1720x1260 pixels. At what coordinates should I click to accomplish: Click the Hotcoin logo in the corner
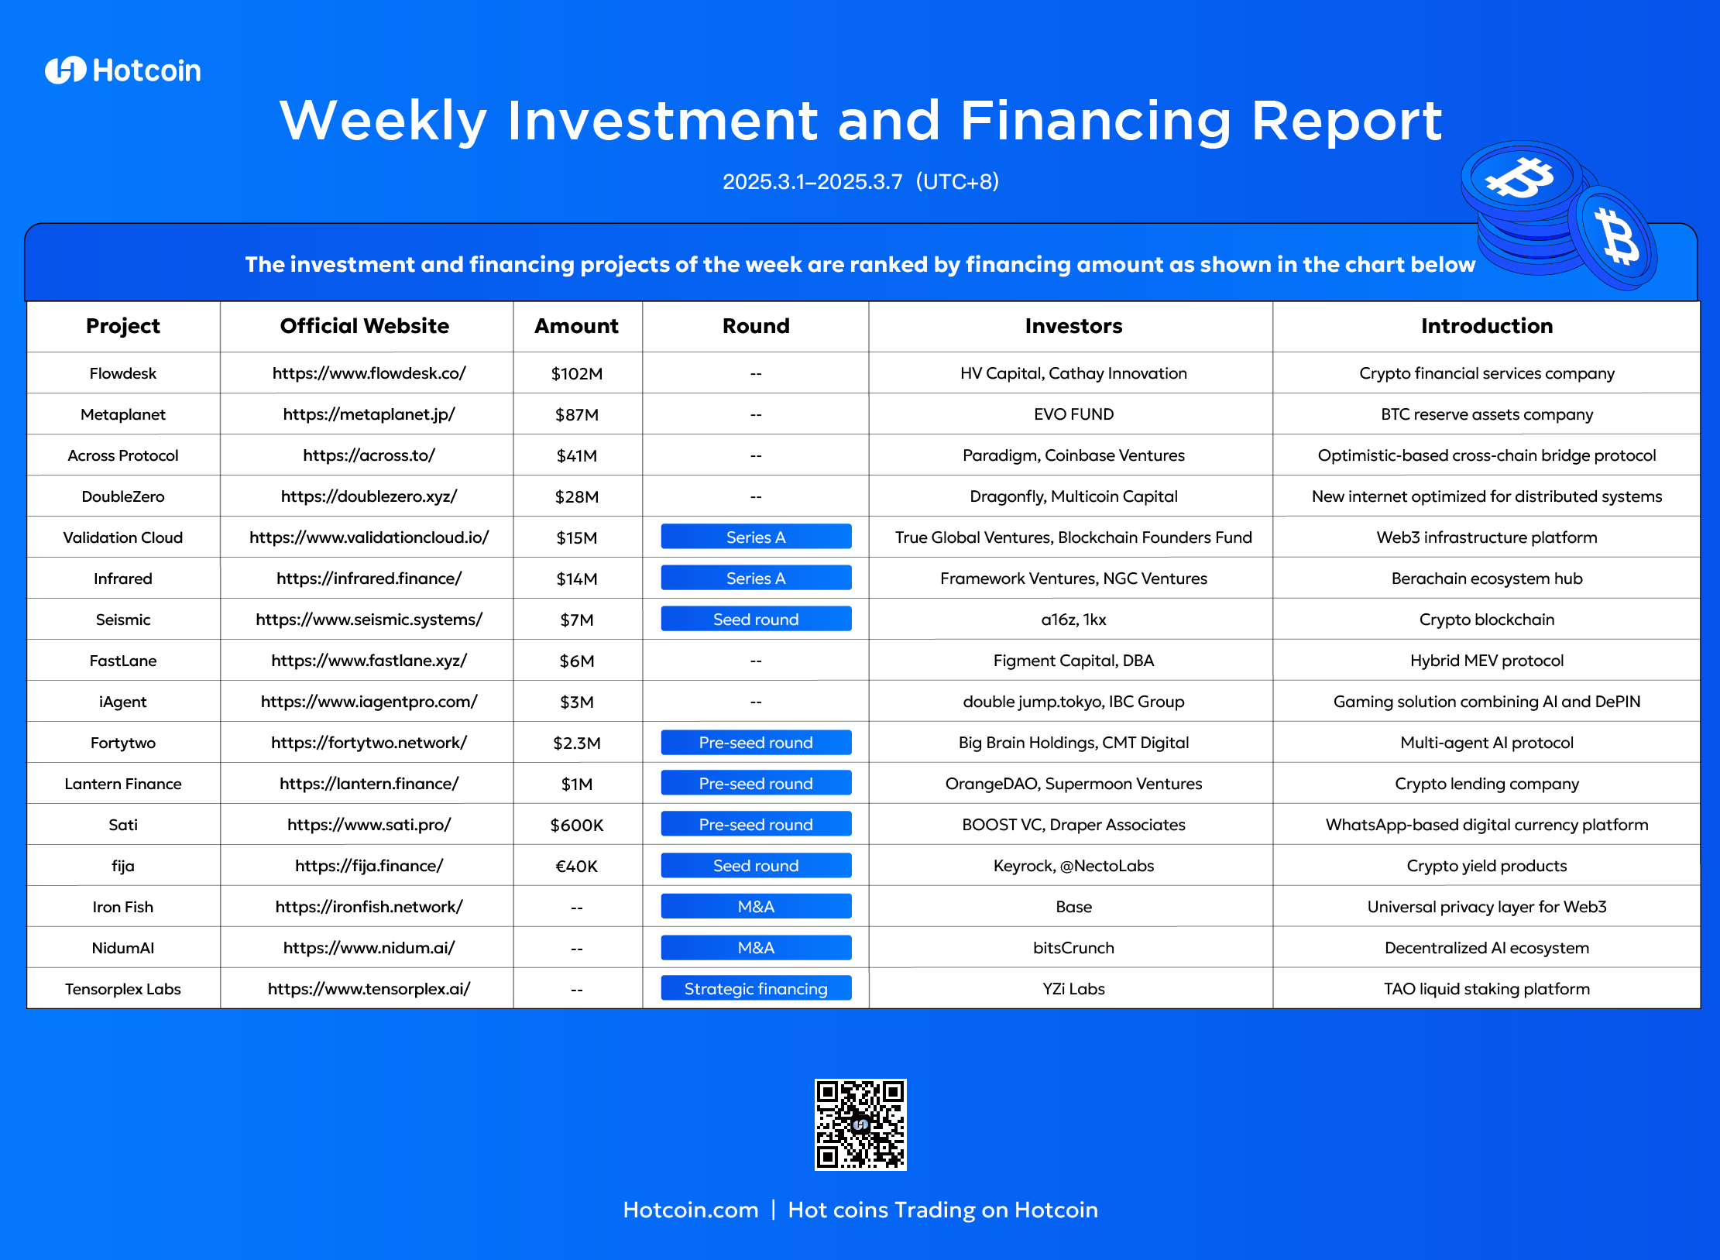click(123, 70)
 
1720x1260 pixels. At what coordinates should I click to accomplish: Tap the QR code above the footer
click(860, 1124)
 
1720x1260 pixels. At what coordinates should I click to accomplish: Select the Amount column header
click(577, 326)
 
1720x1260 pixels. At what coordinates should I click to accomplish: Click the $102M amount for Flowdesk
click(577, 373)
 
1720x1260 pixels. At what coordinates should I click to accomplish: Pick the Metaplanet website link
click(369, 414)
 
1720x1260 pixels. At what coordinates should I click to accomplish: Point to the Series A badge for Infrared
click(756, 579)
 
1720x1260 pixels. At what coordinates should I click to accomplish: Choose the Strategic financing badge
click(756, 989)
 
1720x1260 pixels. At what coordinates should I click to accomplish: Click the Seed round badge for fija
click(756, 866)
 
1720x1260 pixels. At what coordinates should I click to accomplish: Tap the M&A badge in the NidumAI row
click(756, 948)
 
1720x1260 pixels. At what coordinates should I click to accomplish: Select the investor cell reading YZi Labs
click(1073, 989)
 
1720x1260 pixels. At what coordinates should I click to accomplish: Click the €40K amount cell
click(577, 866)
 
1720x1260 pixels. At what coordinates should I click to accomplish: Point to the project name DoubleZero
click(123, 496)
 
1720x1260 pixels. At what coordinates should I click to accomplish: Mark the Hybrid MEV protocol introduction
click(1487, 661)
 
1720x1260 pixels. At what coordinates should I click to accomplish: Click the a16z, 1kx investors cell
click(1073, 620)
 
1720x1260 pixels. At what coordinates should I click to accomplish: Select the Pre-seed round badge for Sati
click(756, 825)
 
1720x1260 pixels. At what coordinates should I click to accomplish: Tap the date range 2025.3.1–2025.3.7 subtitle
click(812, 181)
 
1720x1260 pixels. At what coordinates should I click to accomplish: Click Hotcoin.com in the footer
click(691, 1210)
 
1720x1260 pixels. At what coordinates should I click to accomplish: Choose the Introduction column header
click(1487, 326)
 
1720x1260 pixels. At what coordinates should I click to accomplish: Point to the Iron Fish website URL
click(369, 907)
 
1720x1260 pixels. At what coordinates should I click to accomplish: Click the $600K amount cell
click(577, 825)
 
